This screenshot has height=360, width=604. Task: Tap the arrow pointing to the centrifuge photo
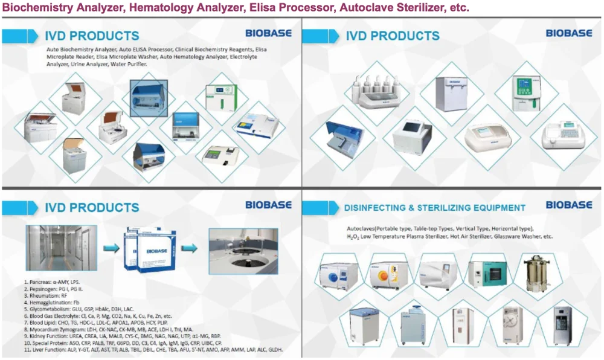[189, 248]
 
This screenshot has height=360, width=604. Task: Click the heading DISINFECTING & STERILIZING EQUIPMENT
[435, 208]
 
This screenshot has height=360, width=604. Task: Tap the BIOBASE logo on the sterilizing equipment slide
[569, 205]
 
